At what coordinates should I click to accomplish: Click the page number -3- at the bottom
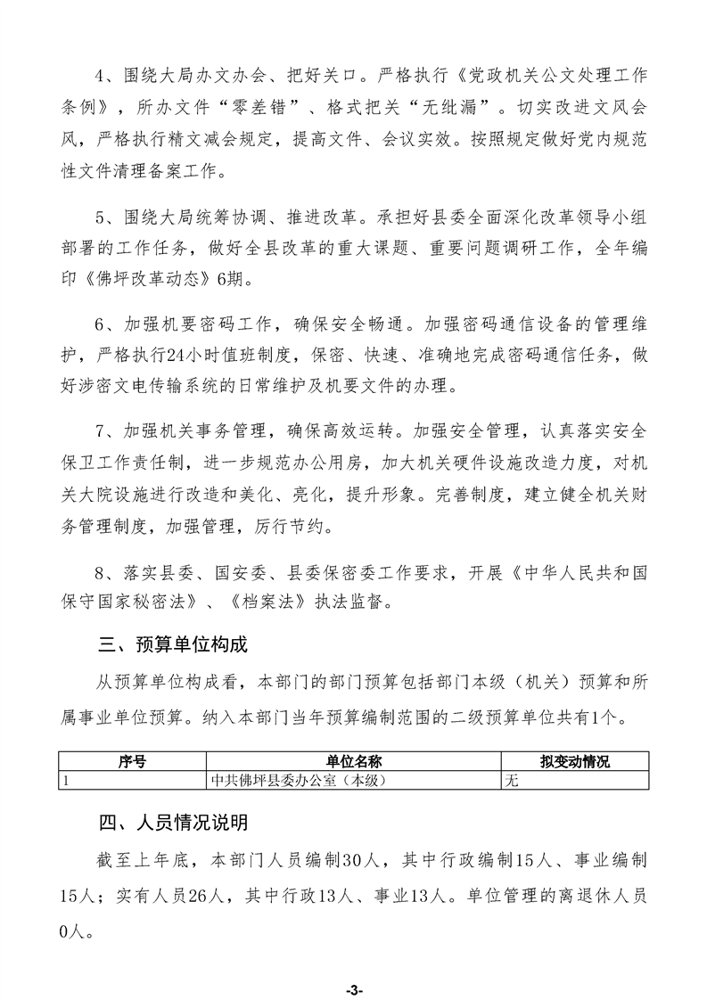(x=353, y=965)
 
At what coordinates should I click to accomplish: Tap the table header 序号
(x=131, y=762)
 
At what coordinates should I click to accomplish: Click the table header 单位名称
(x=353, y=762)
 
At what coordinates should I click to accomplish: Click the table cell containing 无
(x=512, y=780)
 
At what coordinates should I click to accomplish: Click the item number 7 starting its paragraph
(x=102, y=432)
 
